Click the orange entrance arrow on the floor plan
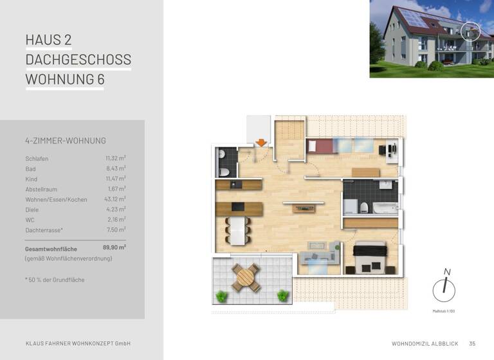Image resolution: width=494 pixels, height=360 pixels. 261,142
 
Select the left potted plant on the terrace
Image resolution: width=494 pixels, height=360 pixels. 223,296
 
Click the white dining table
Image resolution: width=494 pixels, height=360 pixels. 237,230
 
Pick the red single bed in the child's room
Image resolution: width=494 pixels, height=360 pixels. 319,146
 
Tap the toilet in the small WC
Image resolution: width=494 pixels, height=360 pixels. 223,172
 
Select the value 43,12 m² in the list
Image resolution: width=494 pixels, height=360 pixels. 116,199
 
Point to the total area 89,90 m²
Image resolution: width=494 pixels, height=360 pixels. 114,247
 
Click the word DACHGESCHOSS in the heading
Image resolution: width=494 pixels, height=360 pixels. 78,60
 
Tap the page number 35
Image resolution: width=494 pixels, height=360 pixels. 472,343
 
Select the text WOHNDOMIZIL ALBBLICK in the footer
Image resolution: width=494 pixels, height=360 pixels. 425,343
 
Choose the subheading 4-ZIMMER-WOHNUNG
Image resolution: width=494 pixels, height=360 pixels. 65,141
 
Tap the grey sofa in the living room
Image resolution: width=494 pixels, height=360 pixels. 321,248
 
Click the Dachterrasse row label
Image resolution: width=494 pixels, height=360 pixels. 44,230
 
